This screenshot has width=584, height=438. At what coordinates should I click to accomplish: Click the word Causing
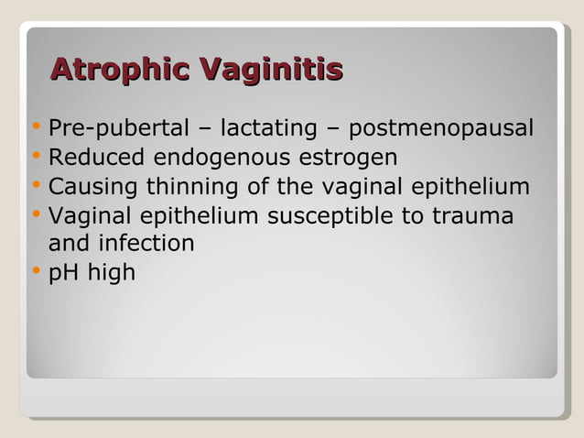pyautogui.click(x=90, y=187)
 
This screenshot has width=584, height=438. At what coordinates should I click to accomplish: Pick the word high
pyautogui.click(x=111, y=273)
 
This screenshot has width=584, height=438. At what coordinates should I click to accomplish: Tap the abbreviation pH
pyautogui.click(x=62, y=273)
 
